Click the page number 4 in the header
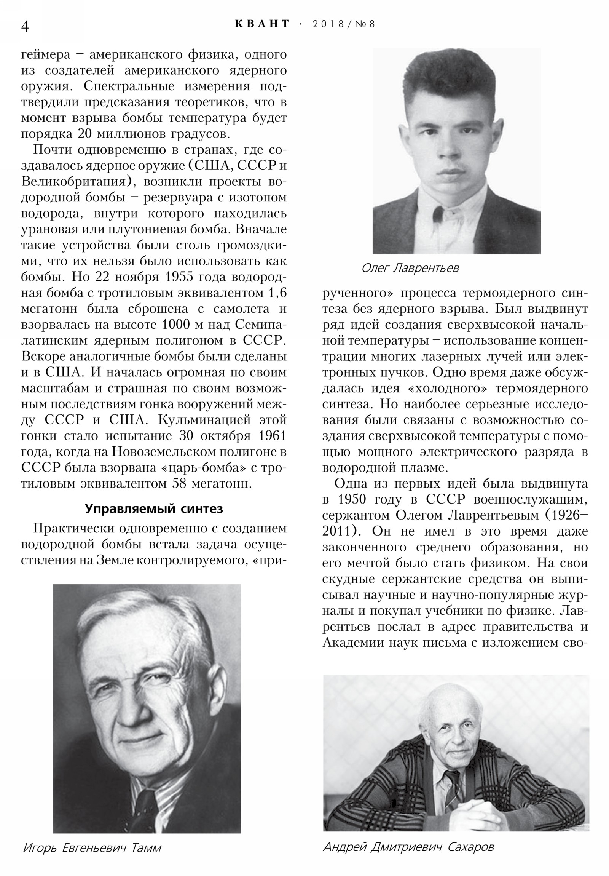tap(25, 26)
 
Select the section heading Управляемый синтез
tap(154, 508)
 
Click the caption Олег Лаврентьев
tap(410, 268)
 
